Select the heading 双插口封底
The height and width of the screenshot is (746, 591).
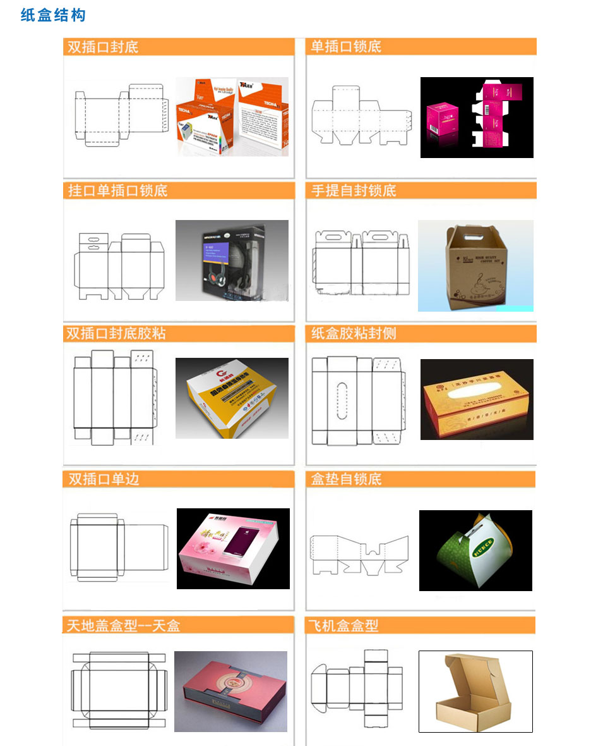tap(103, 47)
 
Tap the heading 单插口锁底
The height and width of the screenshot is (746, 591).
tap(346, 47)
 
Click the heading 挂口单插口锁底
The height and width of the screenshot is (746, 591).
tap(118, 190)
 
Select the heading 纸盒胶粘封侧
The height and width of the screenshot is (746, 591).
tap(354, 333)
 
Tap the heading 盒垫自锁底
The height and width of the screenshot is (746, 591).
tap(346, 479)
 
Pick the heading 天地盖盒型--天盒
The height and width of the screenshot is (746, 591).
tap(124, 625)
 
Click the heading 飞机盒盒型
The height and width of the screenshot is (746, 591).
tap(345, 625)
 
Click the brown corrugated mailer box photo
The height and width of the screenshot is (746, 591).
tap(475, 692)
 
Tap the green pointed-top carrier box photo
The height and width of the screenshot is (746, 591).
tap(475, 550)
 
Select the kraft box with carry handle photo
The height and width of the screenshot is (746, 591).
tap(475, 266)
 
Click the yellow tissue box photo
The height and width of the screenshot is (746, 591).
tap(477, 400)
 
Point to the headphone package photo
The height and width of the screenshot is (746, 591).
tap(232, 260)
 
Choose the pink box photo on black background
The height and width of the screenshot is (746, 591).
tap(477, 118)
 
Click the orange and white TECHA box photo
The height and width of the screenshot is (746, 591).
tap(232, 117)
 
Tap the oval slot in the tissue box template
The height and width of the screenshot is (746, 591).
tap(342, 400)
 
